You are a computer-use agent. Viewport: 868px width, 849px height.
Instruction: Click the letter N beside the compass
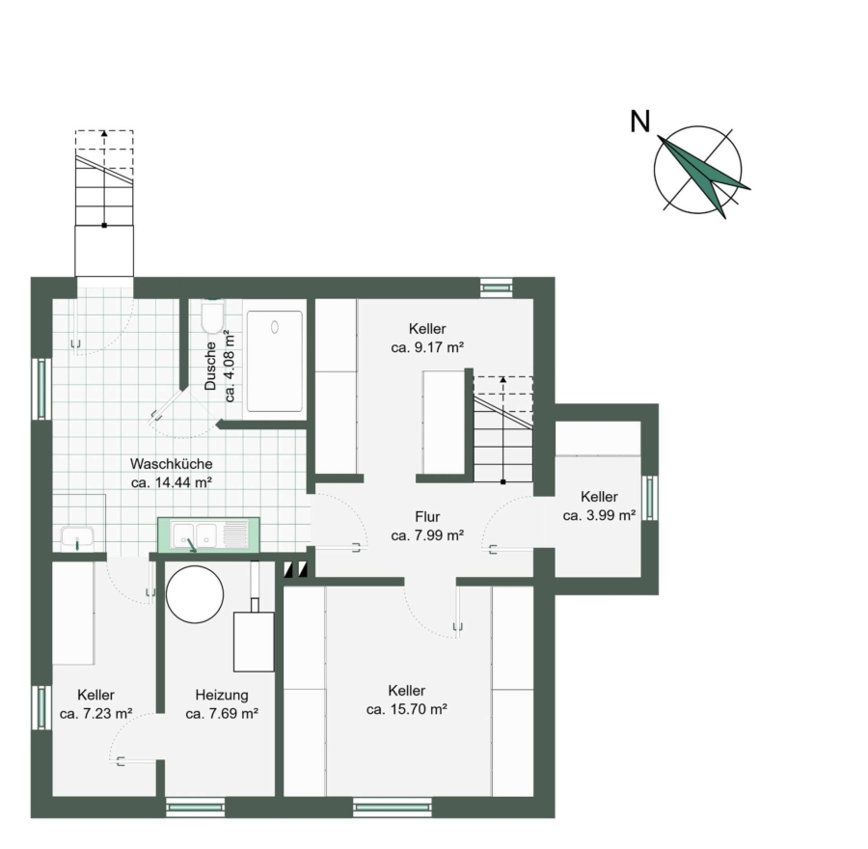point(640,122)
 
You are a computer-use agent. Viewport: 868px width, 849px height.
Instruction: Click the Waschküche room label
point(171,463)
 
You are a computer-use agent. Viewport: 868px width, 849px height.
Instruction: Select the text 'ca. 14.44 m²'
point(172,482)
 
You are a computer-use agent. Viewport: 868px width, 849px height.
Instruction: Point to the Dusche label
point(210,366)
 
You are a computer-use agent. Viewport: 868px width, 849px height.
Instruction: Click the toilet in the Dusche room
point(212,317)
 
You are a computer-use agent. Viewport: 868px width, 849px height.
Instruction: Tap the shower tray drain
point(275,327)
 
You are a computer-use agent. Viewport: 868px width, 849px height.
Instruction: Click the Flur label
point(427,517)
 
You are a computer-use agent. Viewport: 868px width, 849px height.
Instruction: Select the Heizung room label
point(222,695)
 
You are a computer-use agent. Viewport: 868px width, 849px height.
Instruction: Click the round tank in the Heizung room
point(195,594)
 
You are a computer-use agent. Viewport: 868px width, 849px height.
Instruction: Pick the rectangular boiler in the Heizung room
point(254,642)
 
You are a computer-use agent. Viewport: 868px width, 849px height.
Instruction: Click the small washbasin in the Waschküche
point(77,537)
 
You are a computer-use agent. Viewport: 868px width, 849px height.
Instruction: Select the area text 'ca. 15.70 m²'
point(407,709)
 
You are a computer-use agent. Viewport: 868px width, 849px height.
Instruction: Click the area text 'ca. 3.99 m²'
point(599,515)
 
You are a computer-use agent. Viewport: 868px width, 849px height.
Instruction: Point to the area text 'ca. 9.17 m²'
point(427,347)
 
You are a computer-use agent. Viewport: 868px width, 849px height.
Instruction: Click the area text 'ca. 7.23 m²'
point(95,714)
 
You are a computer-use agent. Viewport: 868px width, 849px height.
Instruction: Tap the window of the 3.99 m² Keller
point(650,498)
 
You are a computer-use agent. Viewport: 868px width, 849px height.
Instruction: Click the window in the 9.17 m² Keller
point(497,288)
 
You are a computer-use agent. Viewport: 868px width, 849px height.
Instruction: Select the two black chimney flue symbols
point(295,570)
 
